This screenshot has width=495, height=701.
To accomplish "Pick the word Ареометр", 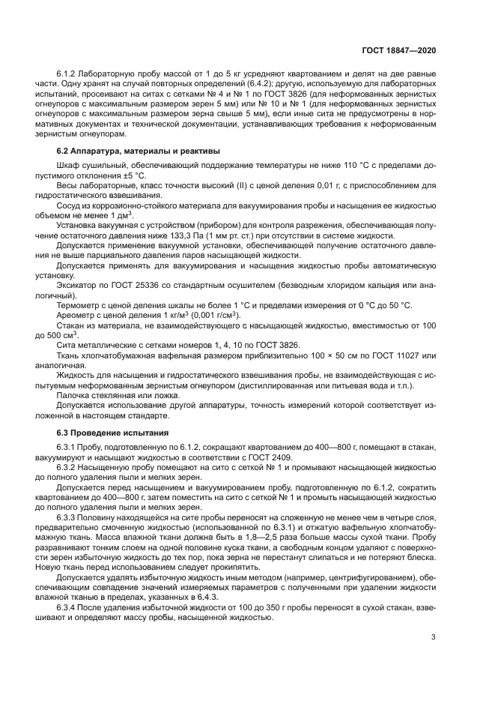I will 76,316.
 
